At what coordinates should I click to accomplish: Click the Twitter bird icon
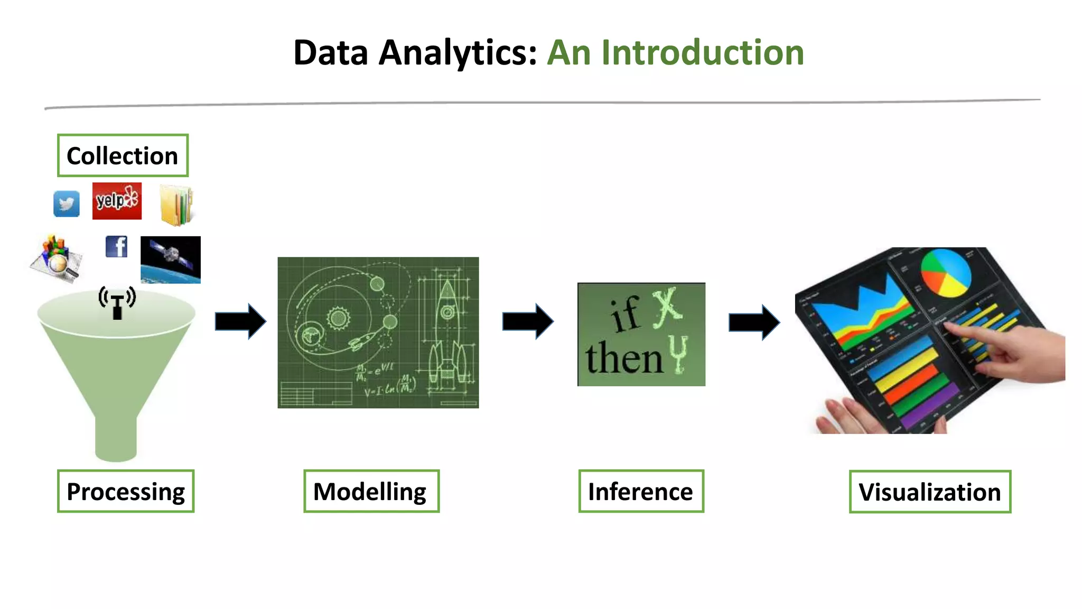(67, 204)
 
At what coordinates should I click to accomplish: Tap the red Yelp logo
(117, 201)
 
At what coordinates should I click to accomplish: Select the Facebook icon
(116, 246)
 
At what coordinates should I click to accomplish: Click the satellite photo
(171, 260)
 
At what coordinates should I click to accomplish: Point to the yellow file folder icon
(176, 205)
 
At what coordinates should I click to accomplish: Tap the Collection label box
(123, 155)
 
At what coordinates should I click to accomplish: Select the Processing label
(126, 491)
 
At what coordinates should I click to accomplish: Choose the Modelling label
(371, 491)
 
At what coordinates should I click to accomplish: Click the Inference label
(641, 491)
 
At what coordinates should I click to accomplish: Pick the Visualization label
(930, 492)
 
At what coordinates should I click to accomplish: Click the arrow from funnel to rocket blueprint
(240, 321)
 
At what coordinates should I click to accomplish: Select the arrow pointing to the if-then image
(528, 321)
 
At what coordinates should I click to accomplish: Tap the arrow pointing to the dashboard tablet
(754, 322)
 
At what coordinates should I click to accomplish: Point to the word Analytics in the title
(458, 53)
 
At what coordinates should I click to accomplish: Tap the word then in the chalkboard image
(623, 358)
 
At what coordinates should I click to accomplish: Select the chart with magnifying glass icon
(57, 259)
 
